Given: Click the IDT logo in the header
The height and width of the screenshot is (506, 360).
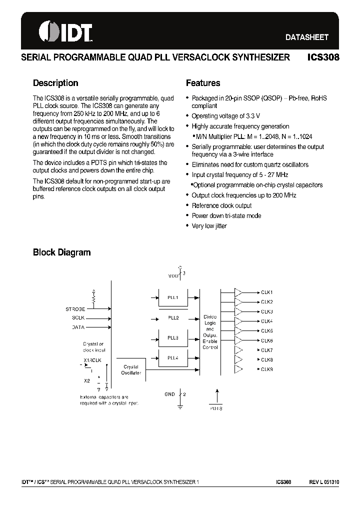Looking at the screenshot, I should click(x=65, y=31).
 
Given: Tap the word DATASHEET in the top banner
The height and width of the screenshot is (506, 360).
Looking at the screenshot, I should click(x=306, y=37).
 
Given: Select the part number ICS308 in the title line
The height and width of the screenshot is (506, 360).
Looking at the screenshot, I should click(x=323, y=57).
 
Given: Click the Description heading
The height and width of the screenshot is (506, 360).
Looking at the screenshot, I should click(x=55, y=83).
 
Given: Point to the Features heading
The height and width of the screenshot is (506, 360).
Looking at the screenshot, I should click(x=203, y=83).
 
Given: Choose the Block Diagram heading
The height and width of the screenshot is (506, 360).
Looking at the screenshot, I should click(x=61, y=252).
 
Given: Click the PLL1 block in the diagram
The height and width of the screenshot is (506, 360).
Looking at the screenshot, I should click(x=172, y=298).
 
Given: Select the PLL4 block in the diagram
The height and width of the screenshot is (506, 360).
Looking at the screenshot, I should click(x=172, y=358).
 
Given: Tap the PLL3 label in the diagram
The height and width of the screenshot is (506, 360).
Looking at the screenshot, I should click(x=172, y=338).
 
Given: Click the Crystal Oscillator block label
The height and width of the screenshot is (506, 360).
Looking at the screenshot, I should click(x=131, y=369).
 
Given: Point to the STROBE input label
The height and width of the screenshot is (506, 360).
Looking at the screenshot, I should click(x=75, y=309).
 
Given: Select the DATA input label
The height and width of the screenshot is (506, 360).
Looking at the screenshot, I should click(x=78, y=327).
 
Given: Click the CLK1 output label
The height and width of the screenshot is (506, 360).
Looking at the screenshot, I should click(x=267, y=292).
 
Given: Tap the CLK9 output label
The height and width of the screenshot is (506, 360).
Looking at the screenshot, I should click(x=267, y=369).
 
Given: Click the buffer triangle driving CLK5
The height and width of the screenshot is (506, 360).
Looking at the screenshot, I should click(x=239, y=330).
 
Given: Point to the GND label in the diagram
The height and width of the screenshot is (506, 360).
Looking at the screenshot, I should click(x=169, y=394).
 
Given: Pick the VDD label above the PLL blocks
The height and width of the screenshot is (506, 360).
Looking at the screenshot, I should click(x=173, y=275).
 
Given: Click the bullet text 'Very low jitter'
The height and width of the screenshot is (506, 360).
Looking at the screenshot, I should click(x=209, y=226).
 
